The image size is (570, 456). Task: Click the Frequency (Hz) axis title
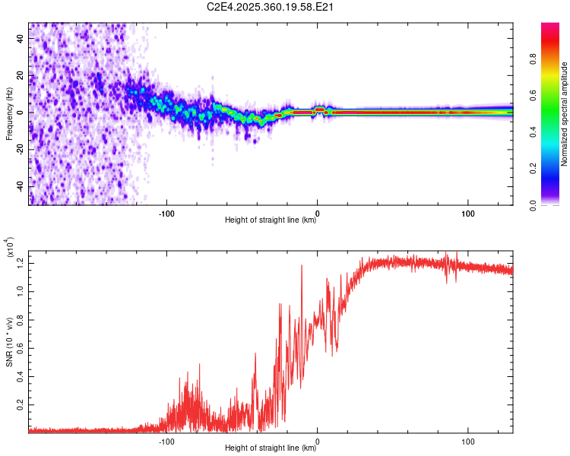(9, 114)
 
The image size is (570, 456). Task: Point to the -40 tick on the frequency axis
(21, 186)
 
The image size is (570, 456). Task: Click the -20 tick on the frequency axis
(21, 149)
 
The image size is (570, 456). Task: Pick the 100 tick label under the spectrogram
(468, 213)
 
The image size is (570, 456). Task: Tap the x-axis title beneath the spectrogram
(271, 220)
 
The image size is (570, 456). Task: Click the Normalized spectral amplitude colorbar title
(565, 114)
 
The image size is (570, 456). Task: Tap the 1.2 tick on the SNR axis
(21, 262)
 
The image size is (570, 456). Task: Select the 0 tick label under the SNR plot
(317, 440)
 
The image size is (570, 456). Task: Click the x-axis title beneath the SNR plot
(271, 448)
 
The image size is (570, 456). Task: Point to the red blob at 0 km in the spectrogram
(320, 111)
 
